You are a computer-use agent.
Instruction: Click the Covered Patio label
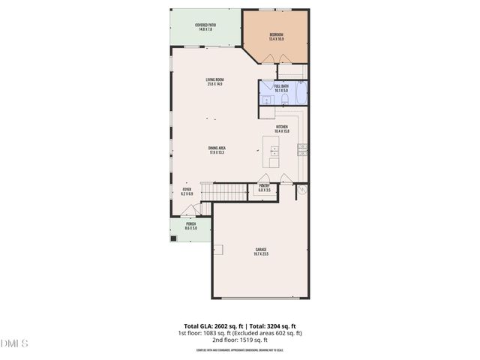(x=205, y=25)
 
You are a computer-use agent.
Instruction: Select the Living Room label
(x=216, y=79)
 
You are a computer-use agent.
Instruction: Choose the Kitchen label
(x=282, y=127)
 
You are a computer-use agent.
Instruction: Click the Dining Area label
(x=217, y=148)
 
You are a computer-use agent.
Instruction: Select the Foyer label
(x=187, y=189)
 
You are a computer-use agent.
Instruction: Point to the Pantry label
(x=265, y=185)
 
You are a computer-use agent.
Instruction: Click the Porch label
(x=191, y=224)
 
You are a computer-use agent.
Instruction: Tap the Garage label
(x=261, y=249)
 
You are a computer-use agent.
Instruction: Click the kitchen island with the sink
(x=272, y=153)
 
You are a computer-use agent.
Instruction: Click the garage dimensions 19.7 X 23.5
(x=261, y=254)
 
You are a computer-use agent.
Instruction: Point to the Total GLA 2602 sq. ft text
(x=207, y=326)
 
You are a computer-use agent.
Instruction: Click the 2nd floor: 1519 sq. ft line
(x=239, y=339)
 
